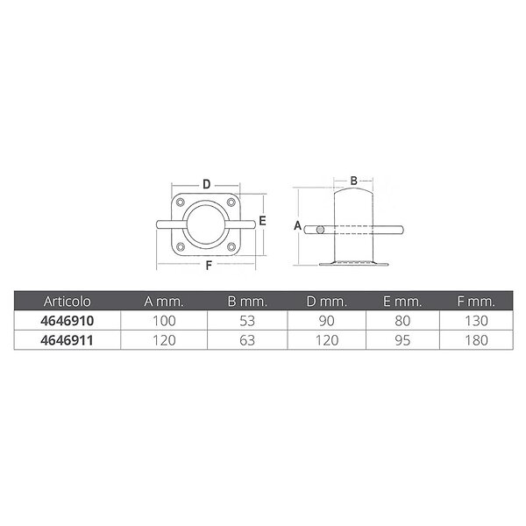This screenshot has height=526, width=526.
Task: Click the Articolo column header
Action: click(x=68, y=302)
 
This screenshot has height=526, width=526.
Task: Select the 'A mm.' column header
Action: click(x=164, y=302)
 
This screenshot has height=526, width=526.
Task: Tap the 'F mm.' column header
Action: click(x=476, y=302)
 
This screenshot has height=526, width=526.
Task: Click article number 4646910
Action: click(x=68, y=321)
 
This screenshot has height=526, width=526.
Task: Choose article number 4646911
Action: click(x=68, y=340)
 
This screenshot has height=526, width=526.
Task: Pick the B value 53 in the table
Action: click(x=247, y=321)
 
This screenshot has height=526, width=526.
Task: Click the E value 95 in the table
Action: click(x=402, y=340)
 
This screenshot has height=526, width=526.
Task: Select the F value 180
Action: click(x=476, y=340)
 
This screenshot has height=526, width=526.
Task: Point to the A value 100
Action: click(x=164, y=321)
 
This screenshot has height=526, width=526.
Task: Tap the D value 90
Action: click(x=327, y=321)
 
